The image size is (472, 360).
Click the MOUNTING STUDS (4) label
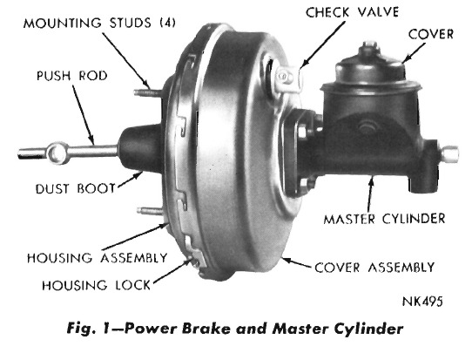point(99,24)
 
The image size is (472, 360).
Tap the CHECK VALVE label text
point(352,12)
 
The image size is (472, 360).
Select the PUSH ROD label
point(72,76)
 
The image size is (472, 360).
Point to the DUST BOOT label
point(76,188)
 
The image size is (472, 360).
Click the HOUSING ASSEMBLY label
point(97,258)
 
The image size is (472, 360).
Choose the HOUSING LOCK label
point(97,285)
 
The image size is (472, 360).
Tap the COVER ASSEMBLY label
point(374,268)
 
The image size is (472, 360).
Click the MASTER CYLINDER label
point(384,219)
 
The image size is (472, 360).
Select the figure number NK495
point(422,302)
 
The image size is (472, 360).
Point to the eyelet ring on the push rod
point(57,153)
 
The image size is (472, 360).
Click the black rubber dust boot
point(140,148)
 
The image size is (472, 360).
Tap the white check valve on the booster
point(288,79)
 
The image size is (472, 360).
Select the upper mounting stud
point(147,92)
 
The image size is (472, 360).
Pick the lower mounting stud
point(150,211)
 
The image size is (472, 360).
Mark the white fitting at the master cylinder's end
point(450,153)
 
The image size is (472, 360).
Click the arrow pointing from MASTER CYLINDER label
point(370,194)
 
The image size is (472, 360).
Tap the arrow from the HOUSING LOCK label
point(172,271)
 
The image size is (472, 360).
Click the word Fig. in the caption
point(80,328)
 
